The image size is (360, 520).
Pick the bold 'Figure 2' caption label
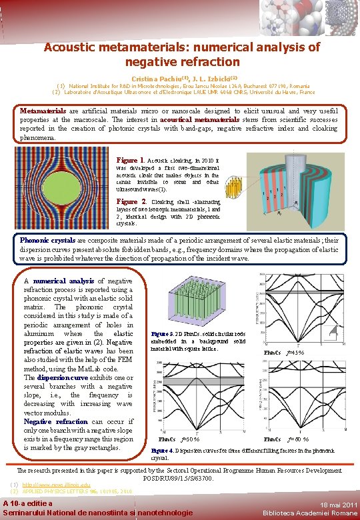131,201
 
